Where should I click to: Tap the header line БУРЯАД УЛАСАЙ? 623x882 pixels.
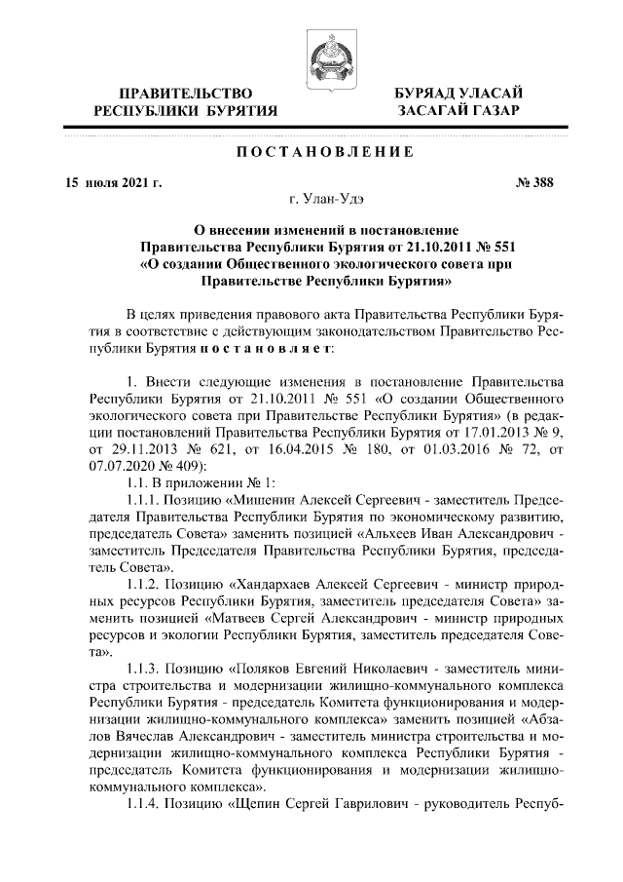(458, 93)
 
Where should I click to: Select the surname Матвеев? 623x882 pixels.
(238, 620)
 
